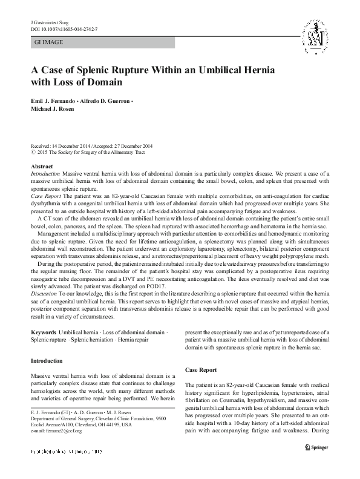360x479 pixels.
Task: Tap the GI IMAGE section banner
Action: point(102,42)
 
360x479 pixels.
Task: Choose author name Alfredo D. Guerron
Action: point(114,99)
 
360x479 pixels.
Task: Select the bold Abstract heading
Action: point(41,166)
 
